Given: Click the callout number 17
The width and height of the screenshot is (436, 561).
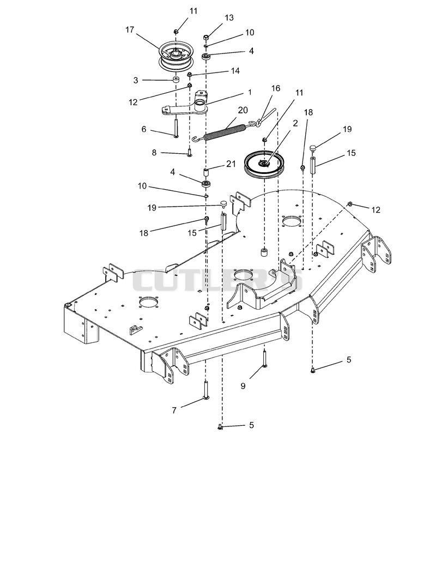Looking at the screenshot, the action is click(x=130, y=29).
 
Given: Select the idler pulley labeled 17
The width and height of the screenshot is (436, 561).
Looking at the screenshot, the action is click(x=177, y=56).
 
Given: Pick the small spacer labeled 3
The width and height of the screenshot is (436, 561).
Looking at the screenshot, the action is click(x=176, y=79).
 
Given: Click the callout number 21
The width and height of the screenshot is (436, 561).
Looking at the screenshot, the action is click(x=231, y=164).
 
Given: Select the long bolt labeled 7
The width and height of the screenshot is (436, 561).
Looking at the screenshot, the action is click(x=206, y=390).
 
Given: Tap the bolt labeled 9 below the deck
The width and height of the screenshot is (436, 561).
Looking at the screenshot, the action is click(x=264, y=359).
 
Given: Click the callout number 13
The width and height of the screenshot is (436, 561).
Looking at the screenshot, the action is click(x=229, y=18).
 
